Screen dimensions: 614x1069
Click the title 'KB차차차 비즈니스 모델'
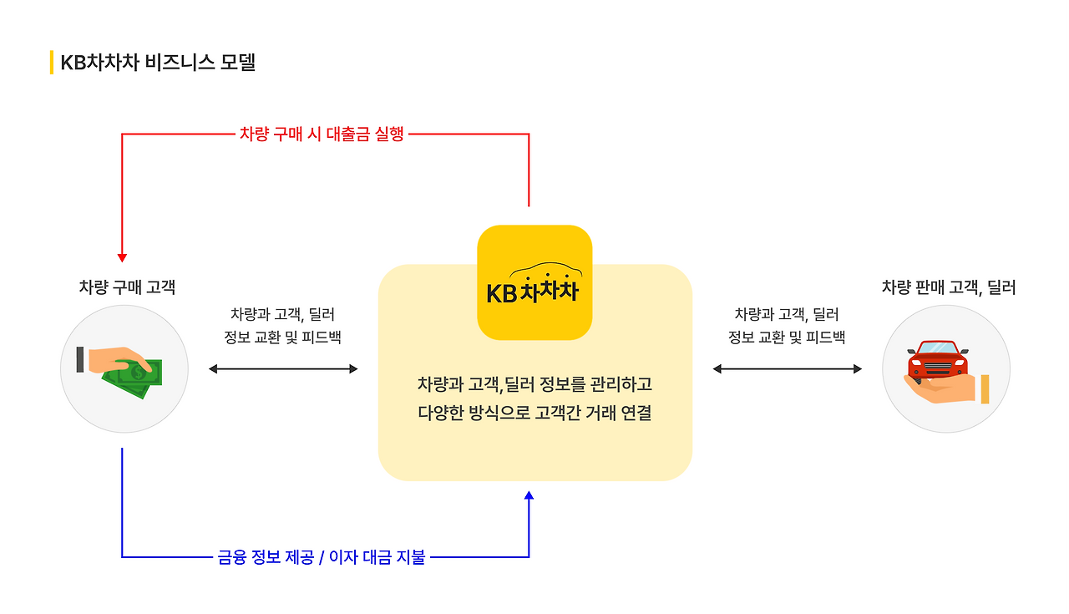click(158, 63)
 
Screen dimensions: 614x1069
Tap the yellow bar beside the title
click(52, 63)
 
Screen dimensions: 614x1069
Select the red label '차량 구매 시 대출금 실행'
click(322, 134)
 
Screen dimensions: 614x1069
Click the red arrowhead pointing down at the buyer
click(122, 257)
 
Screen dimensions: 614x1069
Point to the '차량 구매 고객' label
click(127, 287)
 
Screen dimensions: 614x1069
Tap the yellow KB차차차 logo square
click(534, 282)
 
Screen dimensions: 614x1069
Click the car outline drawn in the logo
click(546, 272)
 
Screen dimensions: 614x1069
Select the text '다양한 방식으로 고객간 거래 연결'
click(534, 413)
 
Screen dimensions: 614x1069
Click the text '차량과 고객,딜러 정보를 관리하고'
click(534, 384)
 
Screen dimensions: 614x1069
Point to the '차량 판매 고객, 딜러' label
click(949, 287)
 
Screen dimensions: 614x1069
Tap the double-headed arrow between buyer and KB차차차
click(283, 368)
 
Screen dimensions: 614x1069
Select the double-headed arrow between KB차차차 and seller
click(787, 368)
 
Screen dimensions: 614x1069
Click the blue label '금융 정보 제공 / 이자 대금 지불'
click(321, 557)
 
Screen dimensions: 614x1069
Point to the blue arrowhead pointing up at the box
click(529, 496)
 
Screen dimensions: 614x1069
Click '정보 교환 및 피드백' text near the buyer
click(282, 337)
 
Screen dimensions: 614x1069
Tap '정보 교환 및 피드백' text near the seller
click(787, 337)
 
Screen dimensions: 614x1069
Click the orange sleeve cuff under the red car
click(985, 389)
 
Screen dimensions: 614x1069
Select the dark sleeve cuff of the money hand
click(80, 359)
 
